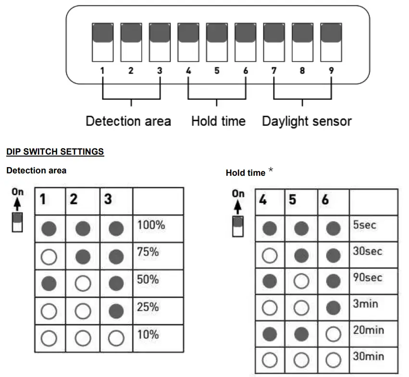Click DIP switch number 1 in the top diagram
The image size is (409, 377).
(103, 42)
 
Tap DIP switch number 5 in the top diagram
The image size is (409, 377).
(217, 42)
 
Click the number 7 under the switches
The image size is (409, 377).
(274, 71)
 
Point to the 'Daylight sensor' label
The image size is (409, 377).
(306, 121)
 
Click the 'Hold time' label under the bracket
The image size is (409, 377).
(218, 121)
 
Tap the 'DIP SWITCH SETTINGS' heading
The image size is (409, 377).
(55, 152)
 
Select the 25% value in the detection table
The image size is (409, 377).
(148, 306)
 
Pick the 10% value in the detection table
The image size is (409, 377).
(148, 334)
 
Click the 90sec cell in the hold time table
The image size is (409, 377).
(368, 278)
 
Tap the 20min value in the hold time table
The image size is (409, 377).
(368, 330)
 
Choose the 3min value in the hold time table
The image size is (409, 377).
(365, 304)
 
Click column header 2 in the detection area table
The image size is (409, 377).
(74, 199)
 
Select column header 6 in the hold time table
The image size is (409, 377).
(325, 200)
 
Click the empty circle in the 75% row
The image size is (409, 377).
(50, 256)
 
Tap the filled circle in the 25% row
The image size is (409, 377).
(116, 311)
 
